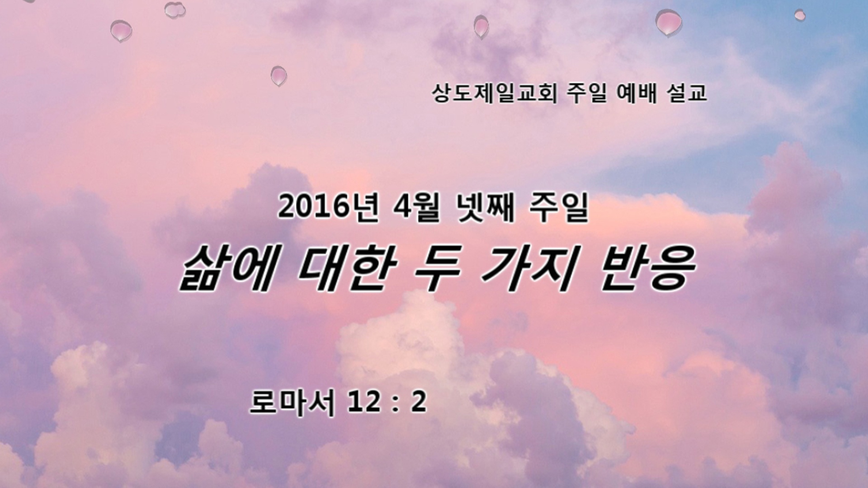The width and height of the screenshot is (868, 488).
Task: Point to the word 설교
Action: (x=687, y=94)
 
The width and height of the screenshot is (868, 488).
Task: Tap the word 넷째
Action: (x=485, y=208)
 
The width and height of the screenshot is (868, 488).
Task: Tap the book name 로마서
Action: (x=292, y=403)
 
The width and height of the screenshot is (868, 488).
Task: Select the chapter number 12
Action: (x=364, y=403)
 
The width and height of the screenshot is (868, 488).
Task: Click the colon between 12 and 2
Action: (x=395, y=404)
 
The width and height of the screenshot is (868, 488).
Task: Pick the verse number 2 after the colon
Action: (x=418, y=403)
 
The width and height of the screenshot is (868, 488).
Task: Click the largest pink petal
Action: (x=669, y=22)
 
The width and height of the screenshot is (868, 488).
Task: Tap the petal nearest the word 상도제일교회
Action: (x=481, y=27)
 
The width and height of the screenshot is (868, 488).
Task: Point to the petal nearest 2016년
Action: (x=278, y=76)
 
